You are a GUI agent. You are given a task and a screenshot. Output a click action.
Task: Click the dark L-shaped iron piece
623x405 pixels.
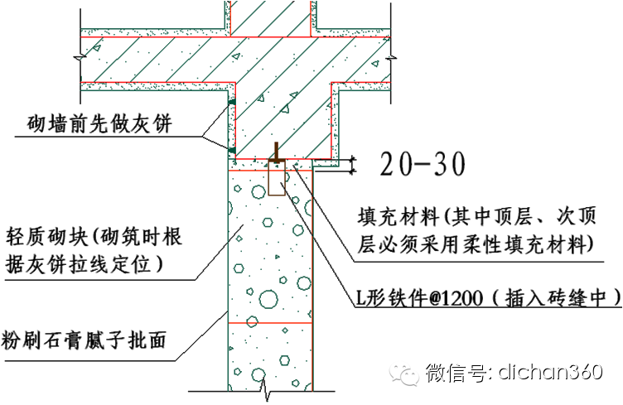[x=276, y=155]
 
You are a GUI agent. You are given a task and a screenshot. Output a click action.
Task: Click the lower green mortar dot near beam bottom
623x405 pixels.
[x=232, y=149]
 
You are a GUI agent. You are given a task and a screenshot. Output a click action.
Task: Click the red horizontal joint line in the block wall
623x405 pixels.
[x=270, y=321]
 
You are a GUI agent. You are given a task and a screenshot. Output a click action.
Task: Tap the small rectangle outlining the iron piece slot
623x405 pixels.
[x=278, y=177]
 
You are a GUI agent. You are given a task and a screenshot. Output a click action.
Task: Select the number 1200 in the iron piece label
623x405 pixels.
[x=446, y=294]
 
